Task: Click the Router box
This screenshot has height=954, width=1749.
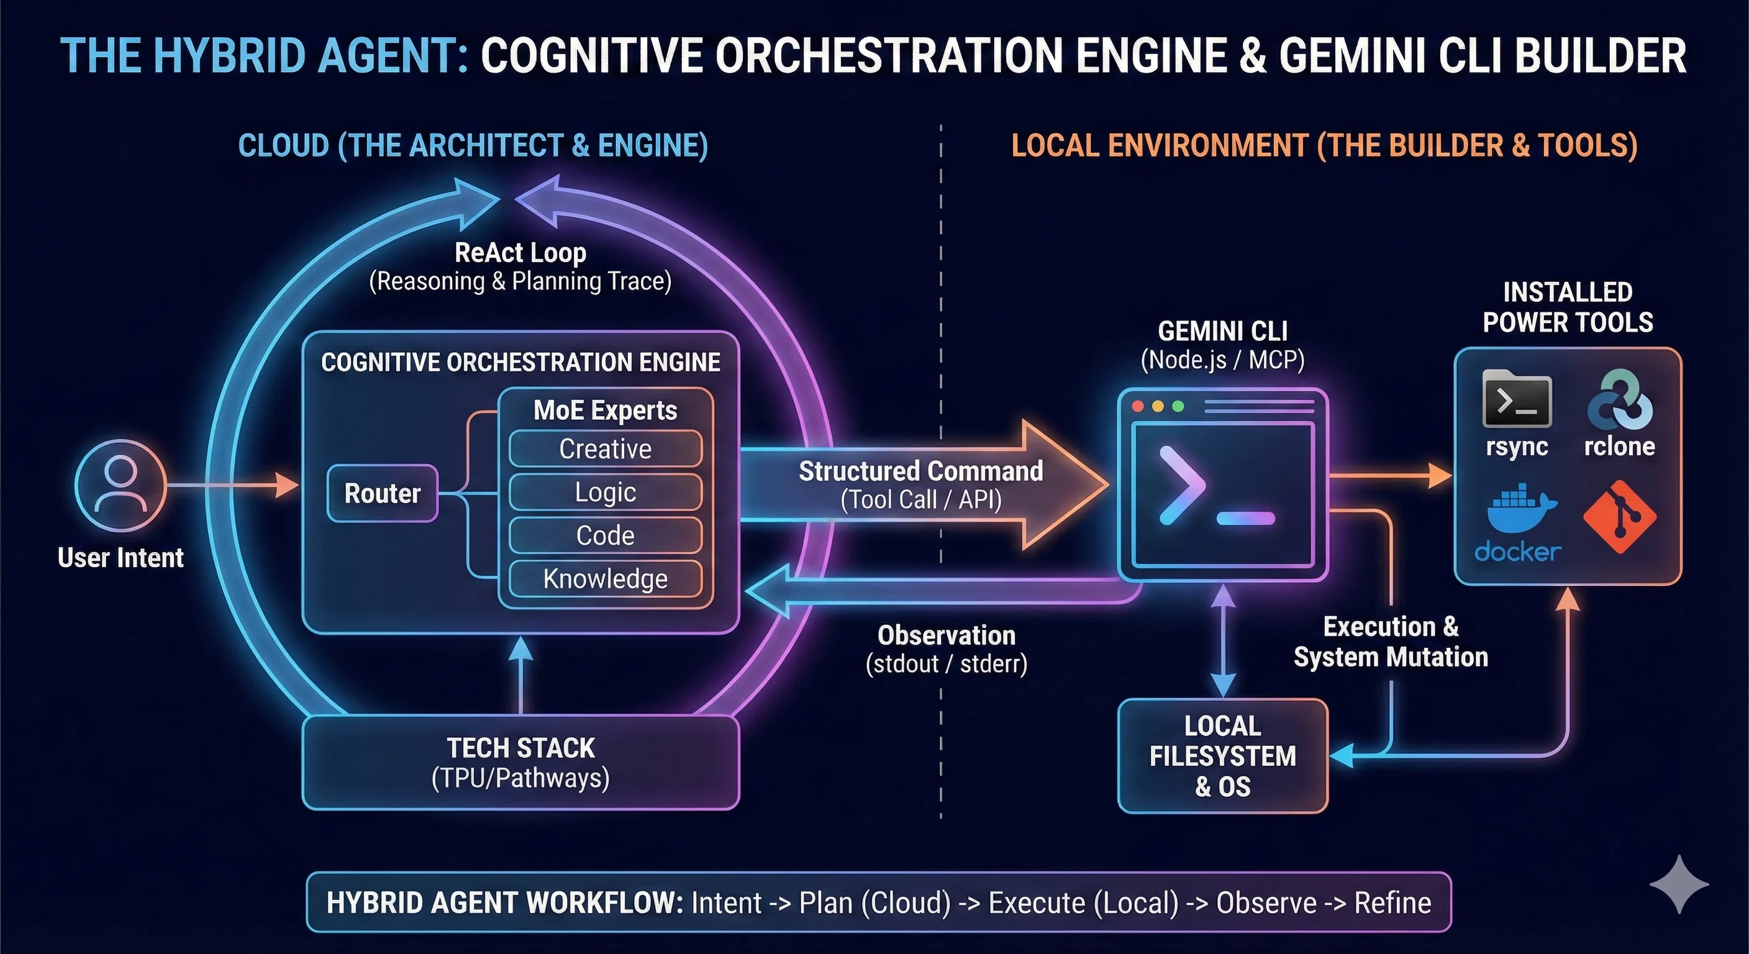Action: pos(382,493)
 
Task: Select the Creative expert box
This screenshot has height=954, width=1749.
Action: pos(605,449)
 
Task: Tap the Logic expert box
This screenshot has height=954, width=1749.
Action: pos(605,493)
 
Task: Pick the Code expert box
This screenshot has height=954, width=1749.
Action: pos(605,536)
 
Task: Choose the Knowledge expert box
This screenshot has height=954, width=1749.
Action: pos(605,578)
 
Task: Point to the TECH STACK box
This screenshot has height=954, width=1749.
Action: pos(520,762)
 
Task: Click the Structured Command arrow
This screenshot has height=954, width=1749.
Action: pos(920,485)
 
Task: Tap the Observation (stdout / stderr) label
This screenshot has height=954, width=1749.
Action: pos(946,649)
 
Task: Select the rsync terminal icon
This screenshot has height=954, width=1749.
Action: pos(1517,400)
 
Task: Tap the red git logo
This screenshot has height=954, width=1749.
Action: pos(1619,517)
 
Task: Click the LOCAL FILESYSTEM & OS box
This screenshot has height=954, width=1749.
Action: pos(1222,756)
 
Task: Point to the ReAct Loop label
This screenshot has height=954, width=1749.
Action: pos(520,253)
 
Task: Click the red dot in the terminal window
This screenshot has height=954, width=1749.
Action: pos(1138,406)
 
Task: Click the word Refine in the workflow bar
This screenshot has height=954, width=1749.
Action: pos(1392,903)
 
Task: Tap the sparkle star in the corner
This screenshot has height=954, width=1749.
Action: pos(1678,884)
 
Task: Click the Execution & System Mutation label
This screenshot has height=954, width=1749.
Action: pos(1391,642)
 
